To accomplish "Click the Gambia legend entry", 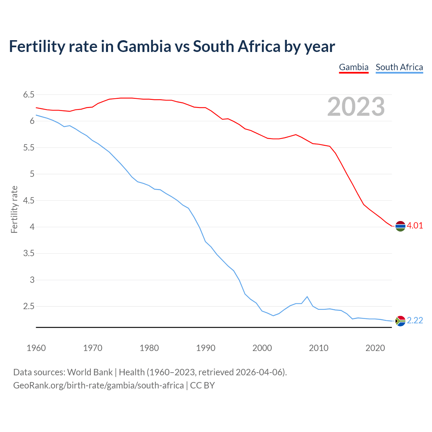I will (x=353, y=67).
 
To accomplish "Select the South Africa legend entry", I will (x=399, y=67).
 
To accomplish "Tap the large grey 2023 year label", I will (x=356, y=107).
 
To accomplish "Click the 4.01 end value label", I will (x=415, y=226).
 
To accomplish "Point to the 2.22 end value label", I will (x=415, y=321).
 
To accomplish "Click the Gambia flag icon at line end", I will (x=400, y=226).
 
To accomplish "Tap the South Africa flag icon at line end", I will (x=400, y=321).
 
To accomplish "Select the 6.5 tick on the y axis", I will (x=29, y=95).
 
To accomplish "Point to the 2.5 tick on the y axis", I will (x=29, y=306).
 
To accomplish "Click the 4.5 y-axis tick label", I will (x=29, y=201).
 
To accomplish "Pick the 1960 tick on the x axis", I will (x=36, y=348).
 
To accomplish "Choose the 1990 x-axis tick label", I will (x=206, y=348).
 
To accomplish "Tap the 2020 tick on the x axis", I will (x=375, y=348).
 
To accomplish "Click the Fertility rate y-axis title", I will (x=14, y=209).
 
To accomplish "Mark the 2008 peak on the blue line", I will (x=307, y=297).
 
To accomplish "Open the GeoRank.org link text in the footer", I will (x=98, y=385).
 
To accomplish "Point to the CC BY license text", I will (x=202, y=385).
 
